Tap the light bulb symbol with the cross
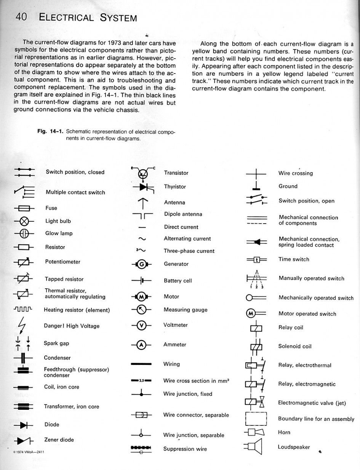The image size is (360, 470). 24,221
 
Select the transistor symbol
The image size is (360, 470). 143,173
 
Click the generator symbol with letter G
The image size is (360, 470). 142,264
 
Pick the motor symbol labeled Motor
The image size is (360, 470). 141,297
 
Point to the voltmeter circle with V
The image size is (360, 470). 141,326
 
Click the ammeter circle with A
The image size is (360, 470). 141,345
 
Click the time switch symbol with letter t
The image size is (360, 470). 256,260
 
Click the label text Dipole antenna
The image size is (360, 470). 183,214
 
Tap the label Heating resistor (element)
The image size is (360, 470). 77,310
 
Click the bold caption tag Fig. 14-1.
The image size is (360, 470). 50,131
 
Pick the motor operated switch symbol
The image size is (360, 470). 256,314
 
